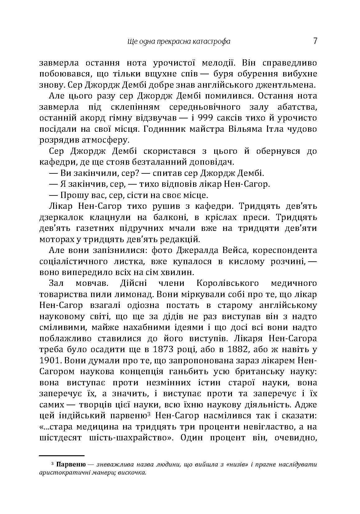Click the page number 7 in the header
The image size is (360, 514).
[315, 41]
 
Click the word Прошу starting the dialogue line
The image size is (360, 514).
[73, 195]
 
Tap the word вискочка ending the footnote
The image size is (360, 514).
[133, 473]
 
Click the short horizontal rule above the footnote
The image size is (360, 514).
[62, 456]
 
